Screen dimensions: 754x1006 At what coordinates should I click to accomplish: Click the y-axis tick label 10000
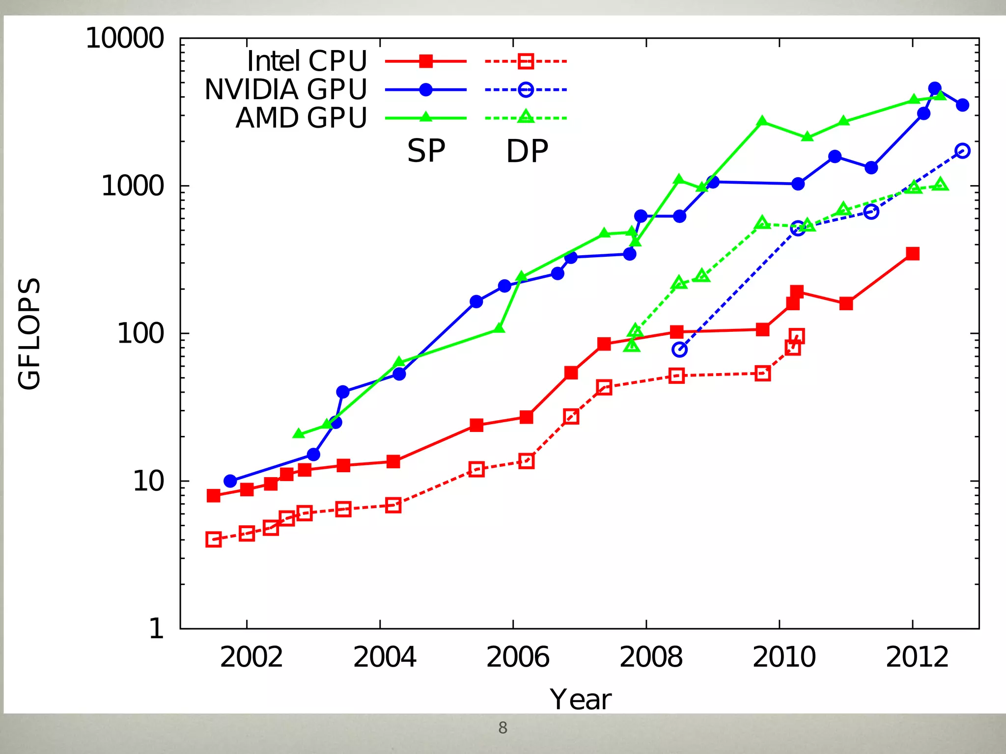[x=125, y=38]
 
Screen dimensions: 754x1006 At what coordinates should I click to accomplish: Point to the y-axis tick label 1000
[x=132, y=186]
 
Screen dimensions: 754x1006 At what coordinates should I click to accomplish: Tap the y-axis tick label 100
[x=140, y=334]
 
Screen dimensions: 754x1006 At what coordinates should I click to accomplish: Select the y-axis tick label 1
[x=156, y=629]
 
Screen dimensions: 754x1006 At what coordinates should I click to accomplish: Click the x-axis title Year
[x=580, y=700]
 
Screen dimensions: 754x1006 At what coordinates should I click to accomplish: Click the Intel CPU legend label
[x=307, y=61]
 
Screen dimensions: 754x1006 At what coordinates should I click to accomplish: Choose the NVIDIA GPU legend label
[x=285, y=90]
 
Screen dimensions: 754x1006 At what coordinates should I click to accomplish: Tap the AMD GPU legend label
[x=301, y=118]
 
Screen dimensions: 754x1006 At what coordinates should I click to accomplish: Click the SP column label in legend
[x=426, y=151]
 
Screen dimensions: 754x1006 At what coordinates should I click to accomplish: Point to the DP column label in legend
[x=527, y=151]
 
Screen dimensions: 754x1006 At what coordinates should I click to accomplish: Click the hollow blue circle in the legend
[x=526, y=90]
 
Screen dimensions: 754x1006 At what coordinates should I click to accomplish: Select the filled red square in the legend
[x=426, y=61]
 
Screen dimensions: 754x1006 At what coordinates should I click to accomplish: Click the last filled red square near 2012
[x=912, y=254]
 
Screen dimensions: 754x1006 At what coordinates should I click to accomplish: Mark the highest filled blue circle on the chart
[x=935, y=88]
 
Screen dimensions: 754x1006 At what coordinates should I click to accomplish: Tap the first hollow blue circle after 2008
[x=679, y=350]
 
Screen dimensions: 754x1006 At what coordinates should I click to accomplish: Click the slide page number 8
[x=503, y=728]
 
